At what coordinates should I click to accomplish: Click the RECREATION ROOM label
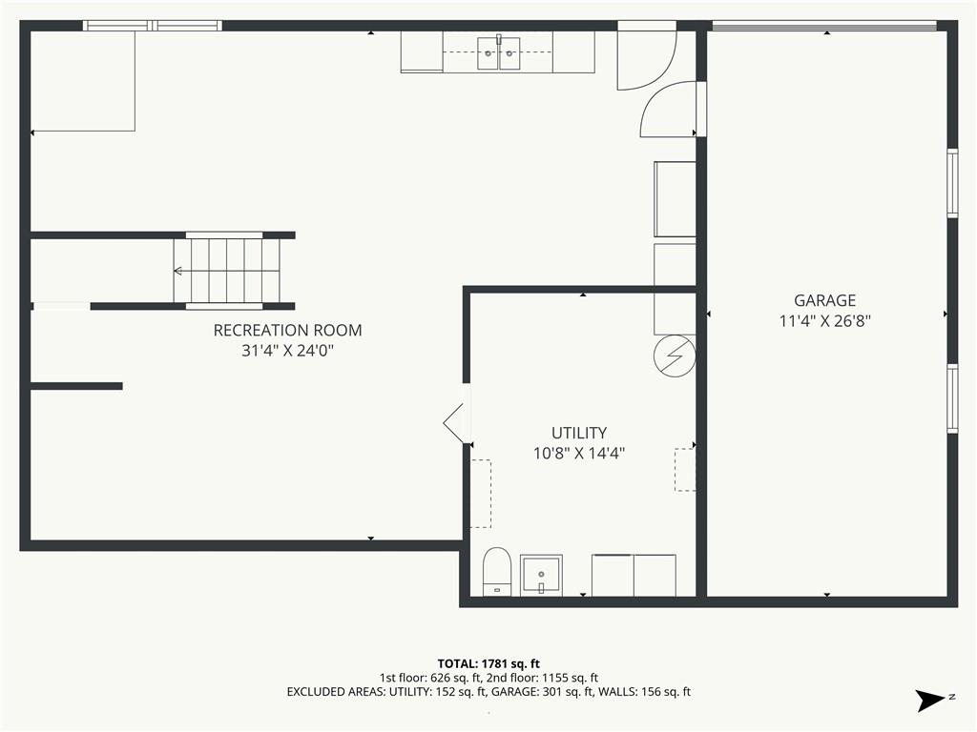[287, 330]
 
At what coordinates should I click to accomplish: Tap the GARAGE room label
[824, 300]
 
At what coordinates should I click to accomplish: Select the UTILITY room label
[579, 433]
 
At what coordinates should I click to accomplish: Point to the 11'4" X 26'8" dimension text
[824, 321]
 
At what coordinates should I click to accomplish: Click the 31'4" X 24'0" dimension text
[287, 351]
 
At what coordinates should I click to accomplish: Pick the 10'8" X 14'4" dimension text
[579, 453]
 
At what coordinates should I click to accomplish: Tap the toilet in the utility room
[496, 572]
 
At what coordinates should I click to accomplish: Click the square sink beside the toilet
[541, 575]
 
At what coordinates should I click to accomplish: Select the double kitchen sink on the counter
[498, 52]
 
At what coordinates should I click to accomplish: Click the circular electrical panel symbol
[675, 356]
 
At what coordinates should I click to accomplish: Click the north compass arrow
[929, 701]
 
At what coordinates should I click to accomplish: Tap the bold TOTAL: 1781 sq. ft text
[488, 663]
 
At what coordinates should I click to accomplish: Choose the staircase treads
[227, 271]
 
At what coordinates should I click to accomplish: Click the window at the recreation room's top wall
[152, 26]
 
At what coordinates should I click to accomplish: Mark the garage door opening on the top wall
[824, 26]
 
